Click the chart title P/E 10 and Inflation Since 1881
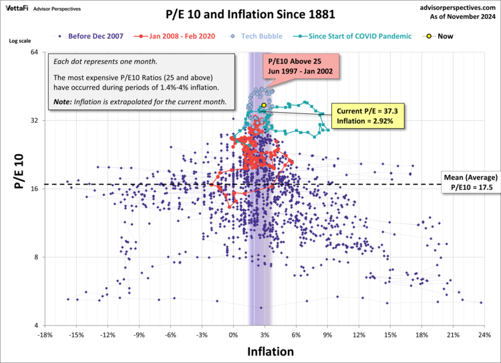tap(251, 13)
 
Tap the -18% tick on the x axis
tap(45, 334)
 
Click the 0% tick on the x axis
tap(234, 334)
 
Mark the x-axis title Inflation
tap(270, 350)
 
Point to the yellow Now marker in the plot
tap(264, 105)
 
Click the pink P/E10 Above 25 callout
tap(300, 67)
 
